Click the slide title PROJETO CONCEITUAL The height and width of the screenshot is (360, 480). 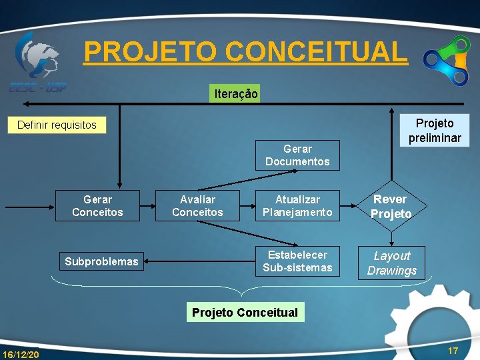point(245,51)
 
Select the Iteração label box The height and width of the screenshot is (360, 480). point(236,94)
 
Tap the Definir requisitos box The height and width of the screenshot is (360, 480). point(57,125)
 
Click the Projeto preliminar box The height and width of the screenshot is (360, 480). point(434,131)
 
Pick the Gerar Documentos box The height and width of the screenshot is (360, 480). point(297,155)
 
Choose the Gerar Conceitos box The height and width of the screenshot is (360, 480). point(97,205)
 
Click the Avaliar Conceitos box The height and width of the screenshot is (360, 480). point(197,205)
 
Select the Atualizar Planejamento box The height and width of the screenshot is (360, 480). point(297,205)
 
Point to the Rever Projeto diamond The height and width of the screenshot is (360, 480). point(391,206)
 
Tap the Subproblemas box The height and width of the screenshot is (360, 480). point(101,261)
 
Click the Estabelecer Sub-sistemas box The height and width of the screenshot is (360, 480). point(297,261)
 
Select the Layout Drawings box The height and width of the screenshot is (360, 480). point(392,263)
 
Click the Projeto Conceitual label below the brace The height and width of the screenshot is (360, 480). point(245,313)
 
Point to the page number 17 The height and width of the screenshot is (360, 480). point(453,351)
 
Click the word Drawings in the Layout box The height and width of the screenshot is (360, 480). point(392,270)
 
